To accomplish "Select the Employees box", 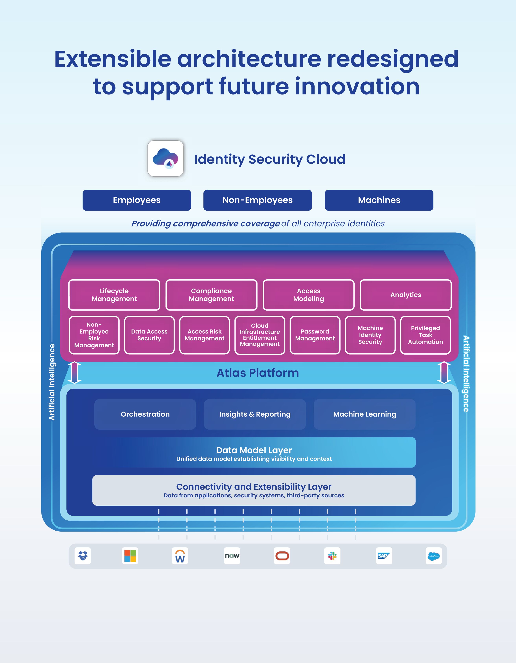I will pyautogui.click(x=137, y=200).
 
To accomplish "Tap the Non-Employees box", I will pyautogui.click(x=258, y=200).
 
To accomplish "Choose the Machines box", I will pyautogui.click(x=379, y=200).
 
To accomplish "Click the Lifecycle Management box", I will pyautogui.click(x=114, y=295).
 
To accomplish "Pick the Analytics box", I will pyautogui.click(x=406, y=295).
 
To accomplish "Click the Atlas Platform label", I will pyautogui.click(x=258, y=373).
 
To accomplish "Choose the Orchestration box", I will pyautogui.click(x=145, y=414).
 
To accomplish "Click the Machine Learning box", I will pyautogui.click(x=364, y=414).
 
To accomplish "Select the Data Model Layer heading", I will pyautogui.click(x=254, y=450).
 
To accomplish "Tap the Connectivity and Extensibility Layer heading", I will pyautogui.click(x=254, y=487).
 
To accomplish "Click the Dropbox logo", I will pyautogui.click(x=83, y=556).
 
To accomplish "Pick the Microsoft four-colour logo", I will pyautogui.click(x=130, y=556).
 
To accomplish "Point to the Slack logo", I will pyautogui.click(x=332, y=556).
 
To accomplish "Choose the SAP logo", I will pyautogui.click(x=384, y=556).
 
